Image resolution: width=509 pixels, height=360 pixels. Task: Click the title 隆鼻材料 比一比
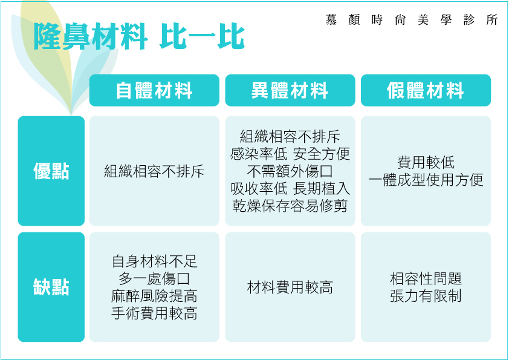pos(139,36)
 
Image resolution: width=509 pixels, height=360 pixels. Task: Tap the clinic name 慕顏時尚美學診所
pos(412,20)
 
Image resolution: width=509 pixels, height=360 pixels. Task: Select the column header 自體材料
pos(154,90)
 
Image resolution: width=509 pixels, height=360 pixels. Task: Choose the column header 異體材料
pos(290,90)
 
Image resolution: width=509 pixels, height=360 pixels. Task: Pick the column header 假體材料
pos(426,90)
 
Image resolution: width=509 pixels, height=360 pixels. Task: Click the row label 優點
pos(51,171)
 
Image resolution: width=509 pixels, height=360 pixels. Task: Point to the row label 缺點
pos(51,287)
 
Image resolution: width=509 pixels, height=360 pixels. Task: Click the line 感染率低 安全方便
pos(290,154)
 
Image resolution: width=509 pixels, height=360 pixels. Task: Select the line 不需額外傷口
pos(290,171)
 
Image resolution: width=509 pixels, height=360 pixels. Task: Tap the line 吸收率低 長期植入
pos(290,188)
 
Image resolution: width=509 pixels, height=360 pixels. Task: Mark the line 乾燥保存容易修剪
pos(290,206)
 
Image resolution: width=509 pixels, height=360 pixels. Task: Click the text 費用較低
pos(426,163)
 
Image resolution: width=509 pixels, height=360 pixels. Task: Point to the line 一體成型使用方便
pos(426,180)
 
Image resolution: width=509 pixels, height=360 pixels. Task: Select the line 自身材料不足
pos(154,261)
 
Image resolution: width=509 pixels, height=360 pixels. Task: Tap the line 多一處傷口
pos(154,278)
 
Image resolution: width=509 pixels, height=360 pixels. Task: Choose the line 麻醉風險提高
pos(154,296)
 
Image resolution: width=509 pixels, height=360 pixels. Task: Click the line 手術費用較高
pos(154,313)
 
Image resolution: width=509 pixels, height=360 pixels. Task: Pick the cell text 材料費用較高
pos(290,287)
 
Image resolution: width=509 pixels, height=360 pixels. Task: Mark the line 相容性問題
pos(426,278)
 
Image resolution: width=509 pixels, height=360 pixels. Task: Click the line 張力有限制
pos(426,296)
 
